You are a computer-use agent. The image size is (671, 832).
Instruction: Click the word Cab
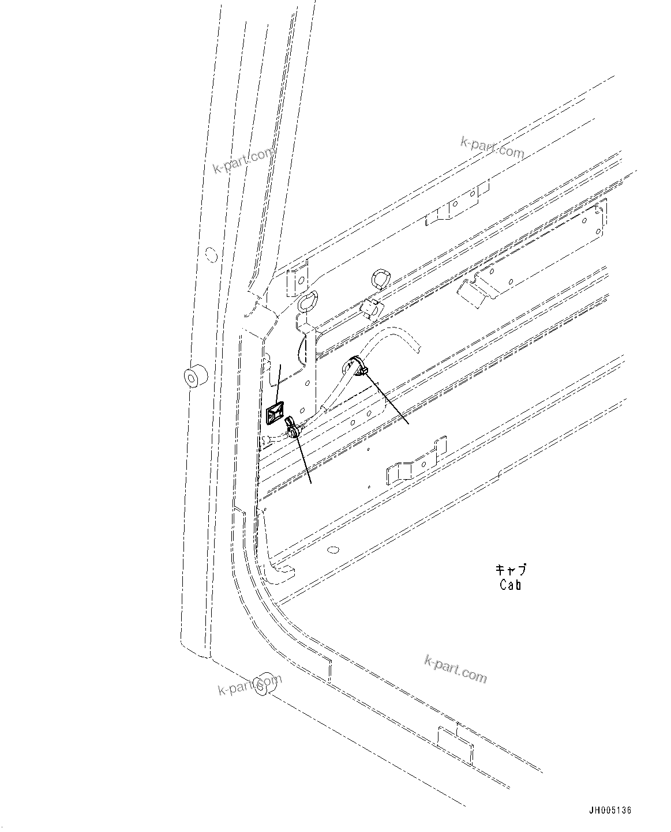coord(511,585)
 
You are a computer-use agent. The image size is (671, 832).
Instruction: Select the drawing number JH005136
coord(610,810)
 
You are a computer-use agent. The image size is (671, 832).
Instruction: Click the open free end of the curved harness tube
coord(417,347)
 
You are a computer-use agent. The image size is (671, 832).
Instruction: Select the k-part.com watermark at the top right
coord(492,147)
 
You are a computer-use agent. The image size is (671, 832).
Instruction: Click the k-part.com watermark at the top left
coord(243,161)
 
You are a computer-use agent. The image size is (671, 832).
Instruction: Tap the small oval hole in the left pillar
coord(211,253)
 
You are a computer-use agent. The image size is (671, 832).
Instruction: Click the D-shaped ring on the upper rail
coord(381,278)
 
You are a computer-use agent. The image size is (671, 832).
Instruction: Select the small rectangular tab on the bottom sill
coord(455,744)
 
